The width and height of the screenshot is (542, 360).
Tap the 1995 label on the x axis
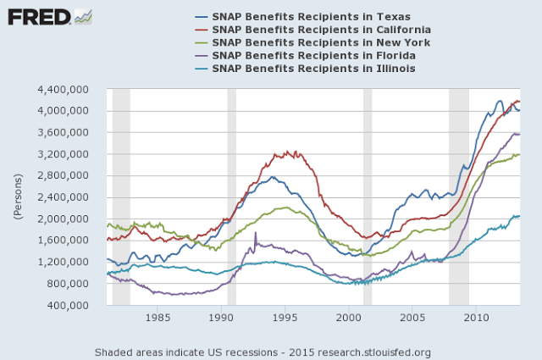(285, 318)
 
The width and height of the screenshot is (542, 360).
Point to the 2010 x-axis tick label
(477, 318)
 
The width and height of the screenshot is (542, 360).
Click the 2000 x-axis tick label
(349, 318)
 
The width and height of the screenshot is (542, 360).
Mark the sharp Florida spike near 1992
(255, 233)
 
